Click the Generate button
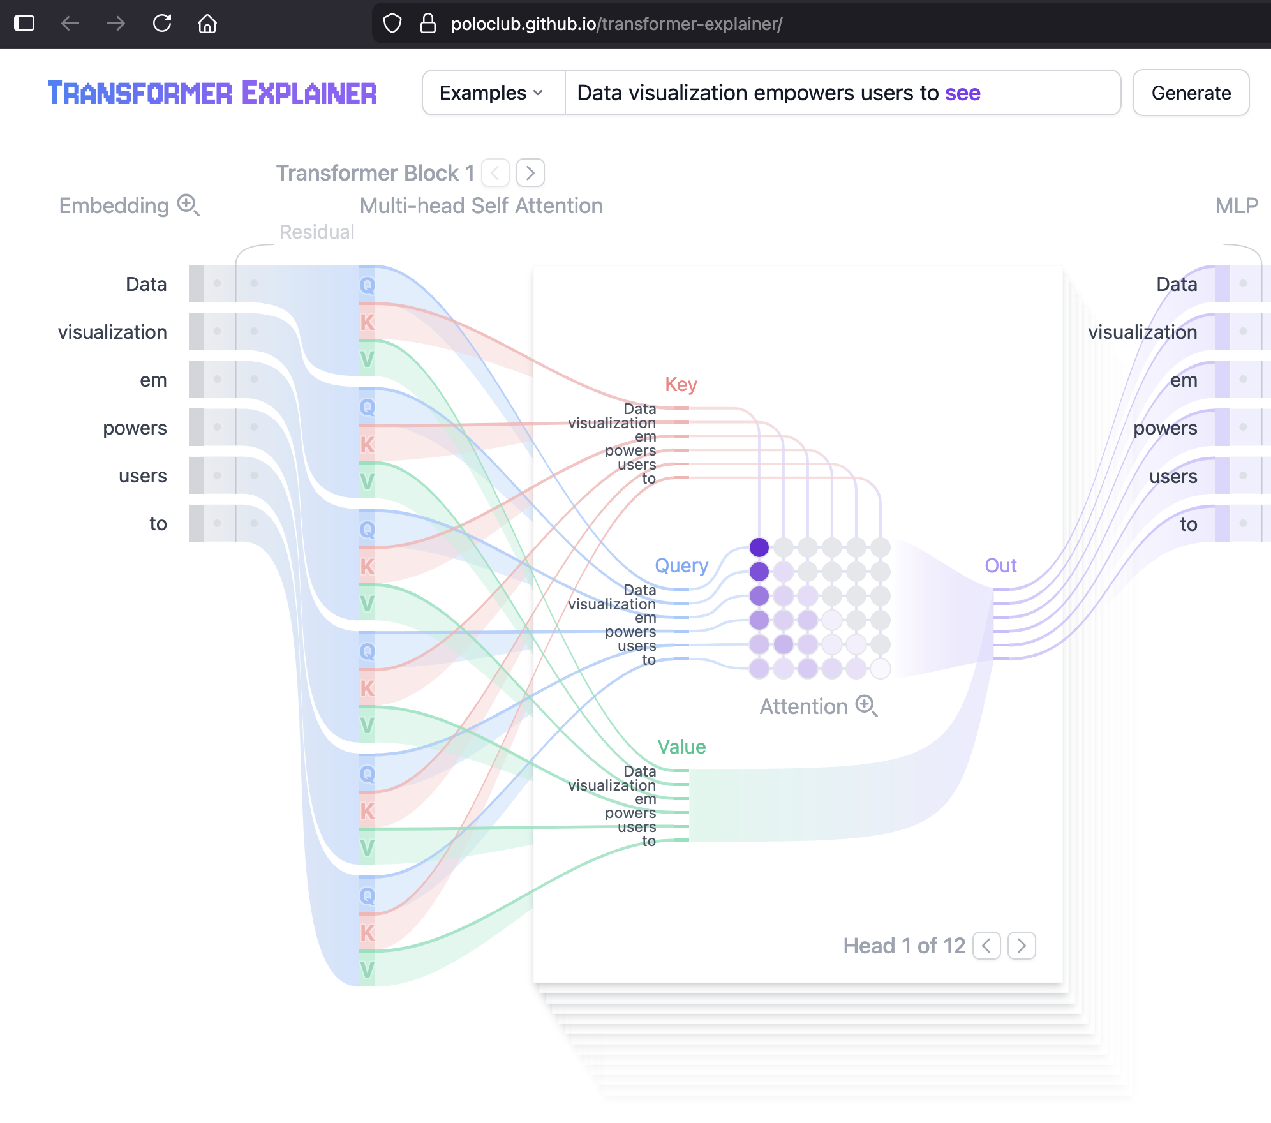tap(1191, 93)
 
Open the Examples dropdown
tap(491, 93)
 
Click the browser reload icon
tap(162, 24)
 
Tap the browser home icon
tap(207, 24)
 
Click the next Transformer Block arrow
tap(530, 173)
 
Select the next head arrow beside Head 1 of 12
tap(1022, 946)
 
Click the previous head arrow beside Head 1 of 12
tap(986, 946)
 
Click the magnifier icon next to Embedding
tap(188, 205)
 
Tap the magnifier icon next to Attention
tap(866, 706)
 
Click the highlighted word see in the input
tap(963, 93)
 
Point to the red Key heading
tap(681, 385)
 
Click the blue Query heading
tap(681, 566)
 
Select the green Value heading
tap(681, 747)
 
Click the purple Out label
tap(1000, 566)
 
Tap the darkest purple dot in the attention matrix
tap(759, 547)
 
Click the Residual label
tap(317, 232)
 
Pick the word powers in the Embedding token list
tap(135, 428)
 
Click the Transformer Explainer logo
tap(212, 93)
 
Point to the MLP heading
tap(1237, 205)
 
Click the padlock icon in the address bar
tap(428, 24)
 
